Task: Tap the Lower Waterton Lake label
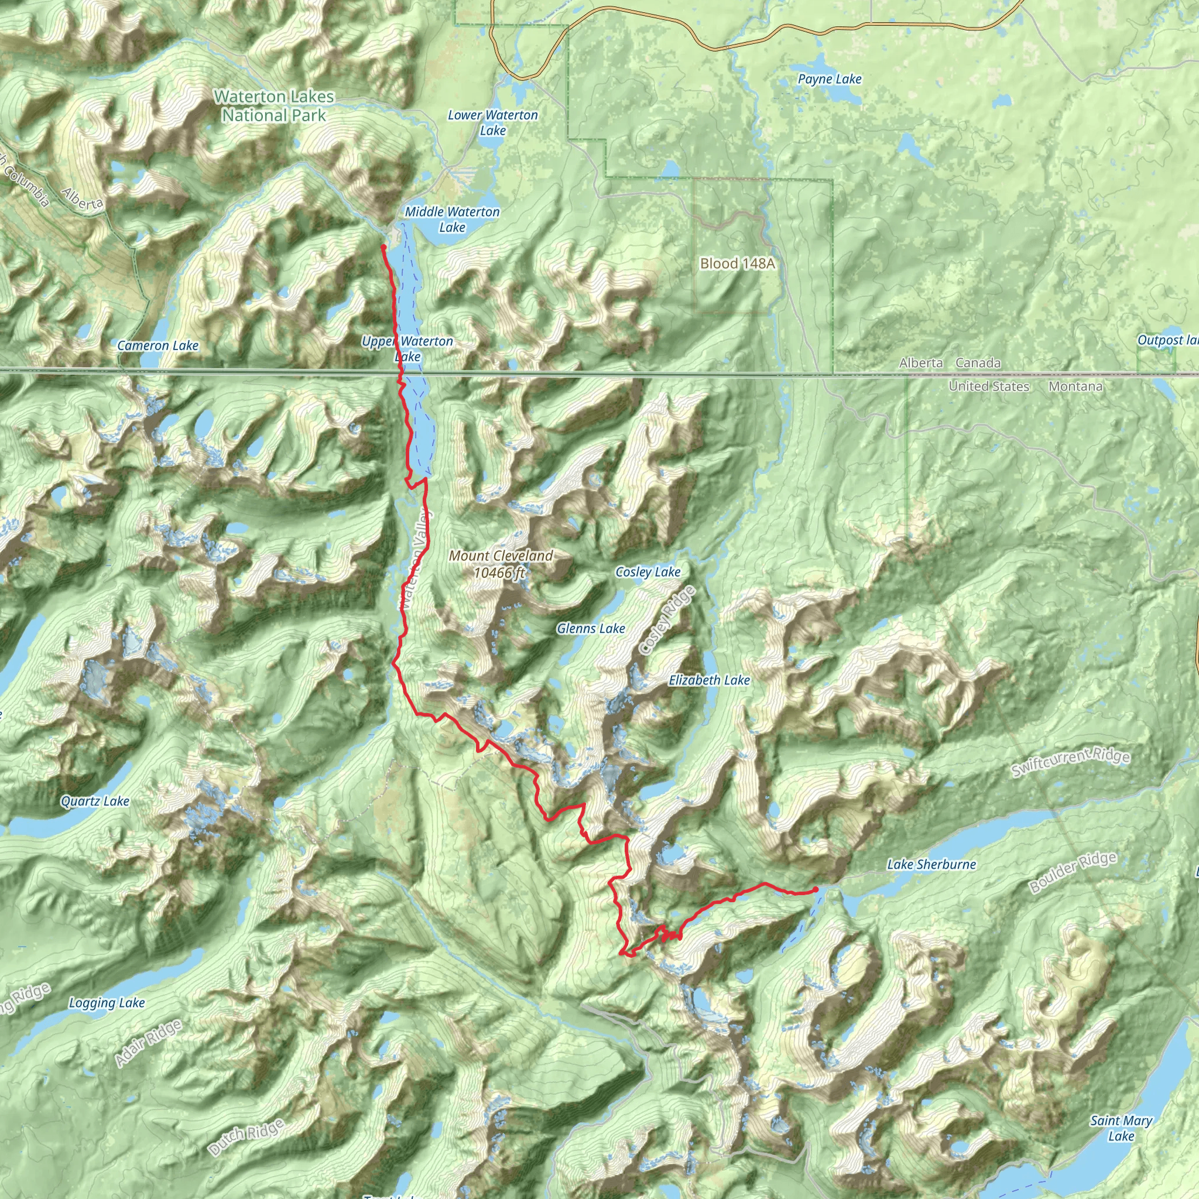pos(493,122)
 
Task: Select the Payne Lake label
pos(830,79)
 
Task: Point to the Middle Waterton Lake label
pos(452,219)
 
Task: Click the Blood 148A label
pos(737,264)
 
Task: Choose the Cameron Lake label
pos(157,345)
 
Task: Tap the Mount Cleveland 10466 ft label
pos(500,564)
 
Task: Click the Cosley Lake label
pos(648,571)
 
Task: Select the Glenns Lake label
pos(591,629)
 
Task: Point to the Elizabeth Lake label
pos(710,680)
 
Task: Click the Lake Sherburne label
pos(931,865)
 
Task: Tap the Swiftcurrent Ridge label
pos(1071,763)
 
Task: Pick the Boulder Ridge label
pos(1073,872)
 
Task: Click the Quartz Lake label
pos(95,801)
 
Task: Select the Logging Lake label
pos(107,1003)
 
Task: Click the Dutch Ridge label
pos(246,1138)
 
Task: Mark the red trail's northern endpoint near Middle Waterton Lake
pos(383,247)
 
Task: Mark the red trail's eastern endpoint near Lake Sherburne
pos(816,890)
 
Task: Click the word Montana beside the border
pos(1075,386)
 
